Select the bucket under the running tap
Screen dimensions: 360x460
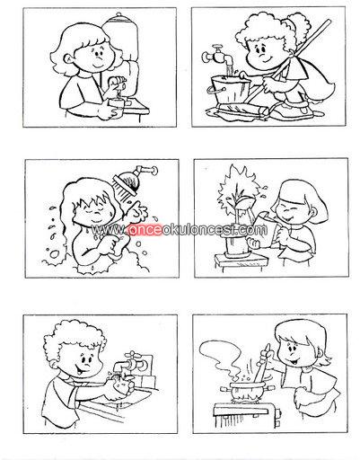coord(231,89)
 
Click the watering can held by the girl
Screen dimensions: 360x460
coord(258,223)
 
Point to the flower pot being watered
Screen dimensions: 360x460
coord(236,244)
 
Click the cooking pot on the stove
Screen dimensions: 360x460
coord(247,389)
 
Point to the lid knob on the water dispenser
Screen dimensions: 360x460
coord(119,13)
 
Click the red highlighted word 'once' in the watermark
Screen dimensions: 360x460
coord(145,230)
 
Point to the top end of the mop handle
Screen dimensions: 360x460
coord(329,21)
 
